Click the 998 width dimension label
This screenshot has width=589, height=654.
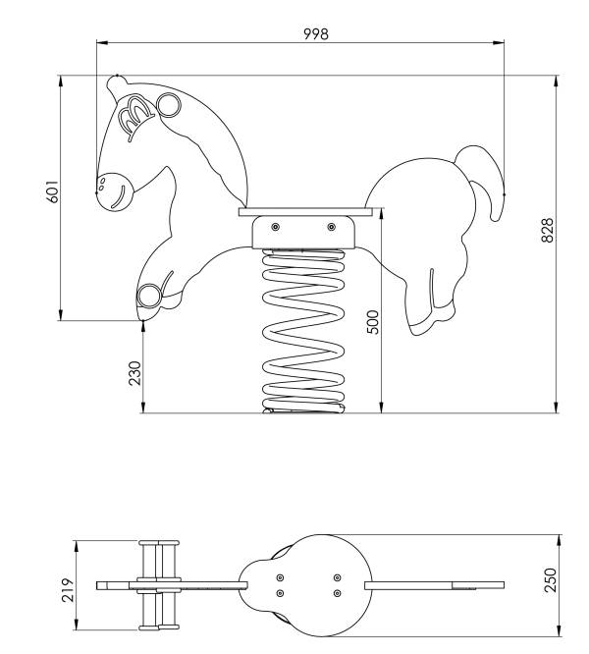tap(315, 33)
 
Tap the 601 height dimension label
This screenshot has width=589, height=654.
tap(52, 191)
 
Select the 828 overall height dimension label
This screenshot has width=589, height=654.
tap(548, 230)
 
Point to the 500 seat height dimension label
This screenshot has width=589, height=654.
tap(373, 322)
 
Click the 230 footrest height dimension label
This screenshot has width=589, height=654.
tap(135, 373)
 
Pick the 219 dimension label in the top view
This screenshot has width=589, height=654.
tap(68, 590)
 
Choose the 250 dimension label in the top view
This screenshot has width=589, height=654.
tap(551, 579)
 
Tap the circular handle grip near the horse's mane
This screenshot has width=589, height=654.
tap(169, 105)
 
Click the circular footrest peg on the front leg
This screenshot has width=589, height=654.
tap(149, 296)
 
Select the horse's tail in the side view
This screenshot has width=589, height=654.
tap(484, 180)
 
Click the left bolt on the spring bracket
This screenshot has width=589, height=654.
tap(275, 227)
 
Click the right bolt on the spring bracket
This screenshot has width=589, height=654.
tap(332, 227)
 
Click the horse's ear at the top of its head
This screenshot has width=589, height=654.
tap(115, 84)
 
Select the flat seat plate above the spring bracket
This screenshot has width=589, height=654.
tap(305, 212)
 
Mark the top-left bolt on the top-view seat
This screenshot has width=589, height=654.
tap(280, 577)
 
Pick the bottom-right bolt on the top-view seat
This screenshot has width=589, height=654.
tap(338, 593)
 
